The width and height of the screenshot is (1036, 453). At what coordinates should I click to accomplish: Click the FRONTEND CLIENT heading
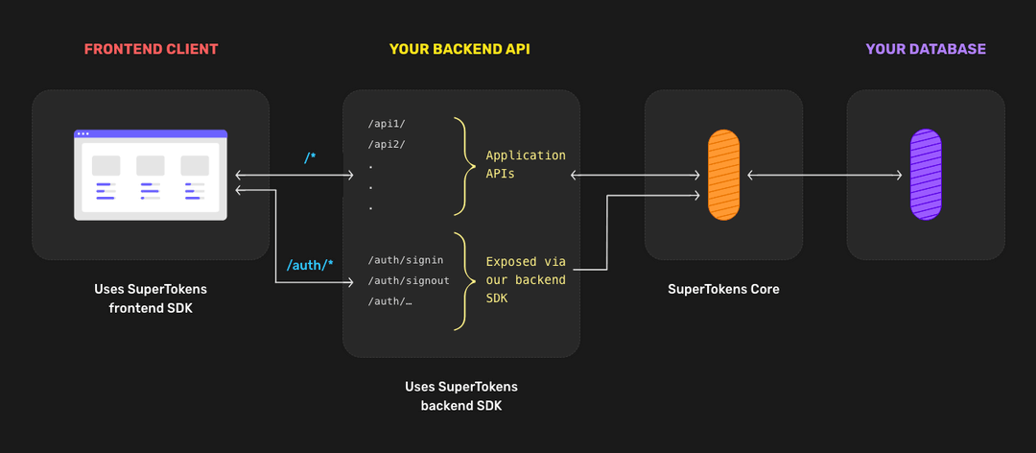151,49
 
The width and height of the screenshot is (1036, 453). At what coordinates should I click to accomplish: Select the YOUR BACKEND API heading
459,49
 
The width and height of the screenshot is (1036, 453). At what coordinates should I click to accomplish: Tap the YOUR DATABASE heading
925,49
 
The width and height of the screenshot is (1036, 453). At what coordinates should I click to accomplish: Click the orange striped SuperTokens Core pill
723,175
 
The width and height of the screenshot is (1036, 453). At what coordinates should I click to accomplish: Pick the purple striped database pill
925,175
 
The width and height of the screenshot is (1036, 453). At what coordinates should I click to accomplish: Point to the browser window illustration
151,175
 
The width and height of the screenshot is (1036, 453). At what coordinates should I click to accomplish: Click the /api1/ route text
388,124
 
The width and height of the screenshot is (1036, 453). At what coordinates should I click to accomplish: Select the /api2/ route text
388,144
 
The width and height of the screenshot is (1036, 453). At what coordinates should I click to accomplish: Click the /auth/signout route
408,280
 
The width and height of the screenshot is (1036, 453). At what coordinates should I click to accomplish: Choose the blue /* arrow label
310,157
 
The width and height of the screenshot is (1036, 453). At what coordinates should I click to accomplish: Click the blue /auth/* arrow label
310,264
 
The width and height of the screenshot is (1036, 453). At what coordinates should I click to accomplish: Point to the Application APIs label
526,164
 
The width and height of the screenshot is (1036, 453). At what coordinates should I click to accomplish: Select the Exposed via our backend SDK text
526,279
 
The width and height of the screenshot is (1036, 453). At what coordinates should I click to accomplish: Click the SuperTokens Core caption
723,289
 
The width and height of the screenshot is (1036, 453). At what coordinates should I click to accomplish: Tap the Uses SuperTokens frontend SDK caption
151,298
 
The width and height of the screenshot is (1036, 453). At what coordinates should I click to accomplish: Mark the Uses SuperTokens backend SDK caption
460,395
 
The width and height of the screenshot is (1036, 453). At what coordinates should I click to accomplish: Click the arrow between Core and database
825,175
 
